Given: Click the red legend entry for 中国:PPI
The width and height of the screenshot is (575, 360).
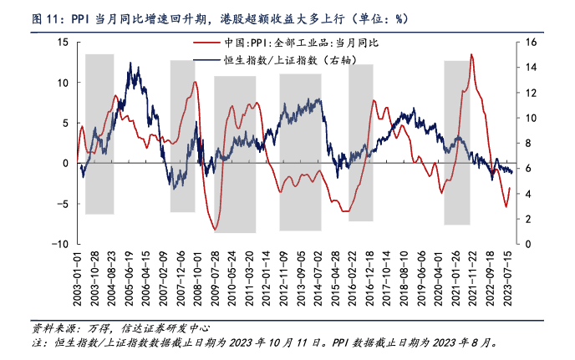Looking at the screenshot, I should (276, 42).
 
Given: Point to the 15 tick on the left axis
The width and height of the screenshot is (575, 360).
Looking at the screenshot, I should (63, 42).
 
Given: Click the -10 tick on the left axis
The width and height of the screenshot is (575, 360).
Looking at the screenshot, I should (60, 244).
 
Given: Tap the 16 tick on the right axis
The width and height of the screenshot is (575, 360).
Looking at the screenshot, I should (528, 42).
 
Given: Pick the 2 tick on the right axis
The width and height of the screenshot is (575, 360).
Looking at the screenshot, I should (526, 219).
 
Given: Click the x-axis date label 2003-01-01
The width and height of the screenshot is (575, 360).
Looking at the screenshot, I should (77, 278).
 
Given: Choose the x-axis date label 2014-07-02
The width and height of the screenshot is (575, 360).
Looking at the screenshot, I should (318, 278).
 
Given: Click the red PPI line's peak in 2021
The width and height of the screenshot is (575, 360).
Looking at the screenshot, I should (472, 55).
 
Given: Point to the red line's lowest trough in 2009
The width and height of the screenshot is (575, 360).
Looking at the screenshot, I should (216, 229).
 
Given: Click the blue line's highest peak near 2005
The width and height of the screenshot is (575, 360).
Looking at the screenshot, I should (130, 63).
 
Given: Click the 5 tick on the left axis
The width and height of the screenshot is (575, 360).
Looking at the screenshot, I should (65, 123).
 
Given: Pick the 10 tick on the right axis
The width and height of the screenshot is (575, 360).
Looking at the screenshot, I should (528, 118).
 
